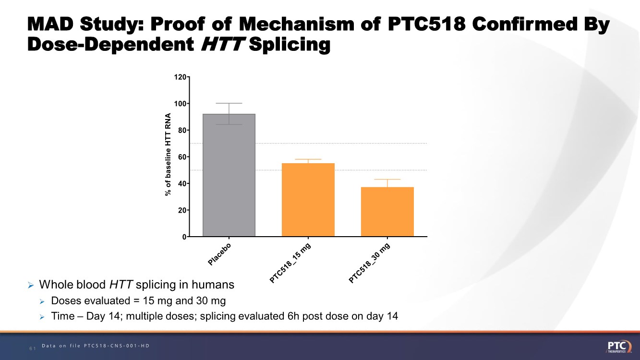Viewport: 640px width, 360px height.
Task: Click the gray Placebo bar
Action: tap(229, 175)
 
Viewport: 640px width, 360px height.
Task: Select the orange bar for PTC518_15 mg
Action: tap(308, 200)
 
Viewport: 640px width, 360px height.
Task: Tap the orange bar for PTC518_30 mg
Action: tap(387, 212)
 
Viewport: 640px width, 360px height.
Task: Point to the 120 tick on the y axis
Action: tap(181, 77)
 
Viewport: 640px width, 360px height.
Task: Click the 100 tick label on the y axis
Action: tap(181, 104)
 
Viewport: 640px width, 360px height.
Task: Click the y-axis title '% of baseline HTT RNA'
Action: tap(168, 155)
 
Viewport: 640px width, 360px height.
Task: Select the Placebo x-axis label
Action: tap(220, 254)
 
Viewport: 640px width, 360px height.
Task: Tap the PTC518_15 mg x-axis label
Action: tap(290, 263)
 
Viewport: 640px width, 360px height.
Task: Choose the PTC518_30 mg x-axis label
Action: tap(369, 263)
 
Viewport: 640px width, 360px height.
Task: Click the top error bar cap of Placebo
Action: tap(229, 103)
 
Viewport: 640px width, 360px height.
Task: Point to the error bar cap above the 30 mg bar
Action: tap(387, 180)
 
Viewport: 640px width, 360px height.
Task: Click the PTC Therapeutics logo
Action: tap(619, 347)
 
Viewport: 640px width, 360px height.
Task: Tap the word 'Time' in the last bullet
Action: tap(61, 316)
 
